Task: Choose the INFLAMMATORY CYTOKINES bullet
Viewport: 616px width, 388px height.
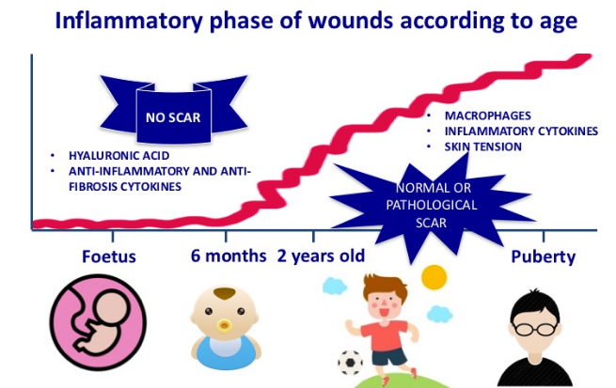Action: [521, 132]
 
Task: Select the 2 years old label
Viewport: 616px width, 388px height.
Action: [321, 256]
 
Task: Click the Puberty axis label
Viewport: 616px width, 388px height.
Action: [543, 256]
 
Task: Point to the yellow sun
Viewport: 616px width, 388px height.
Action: [434, 277]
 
